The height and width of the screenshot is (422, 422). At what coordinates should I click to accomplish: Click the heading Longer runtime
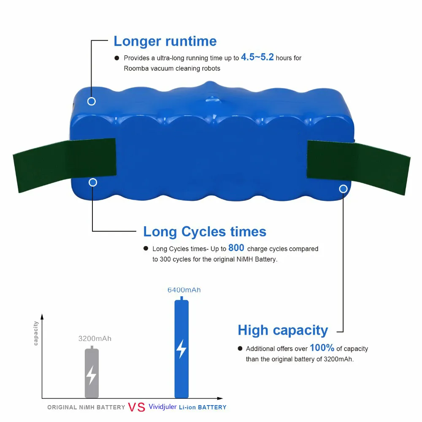click(x=165, y=41)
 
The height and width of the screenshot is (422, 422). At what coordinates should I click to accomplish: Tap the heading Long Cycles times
click(x=205, y=232)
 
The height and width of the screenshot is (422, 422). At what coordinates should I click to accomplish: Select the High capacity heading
click(x=283, y=330)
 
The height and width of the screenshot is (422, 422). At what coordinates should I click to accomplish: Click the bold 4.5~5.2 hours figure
click(x=257, y=57)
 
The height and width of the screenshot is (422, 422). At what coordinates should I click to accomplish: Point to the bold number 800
click(x=236, y=248)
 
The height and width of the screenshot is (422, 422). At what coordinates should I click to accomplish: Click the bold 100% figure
click(x=322, y=348)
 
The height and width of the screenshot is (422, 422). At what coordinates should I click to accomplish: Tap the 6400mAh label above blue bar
click(x=184, y=290)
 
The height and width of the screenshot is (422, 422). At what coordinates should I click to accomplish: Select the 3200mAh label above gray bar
click(x=95, y=338)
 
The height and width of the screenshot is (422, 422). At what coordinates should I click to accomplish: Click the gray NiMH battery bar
click(x=92, y=373)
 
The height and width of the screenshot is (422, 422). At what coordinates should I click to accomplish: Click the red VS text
click(x=136, y=407)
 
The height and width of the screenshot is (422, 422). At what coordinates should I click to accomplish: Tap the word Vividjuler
click(x=162, y=407)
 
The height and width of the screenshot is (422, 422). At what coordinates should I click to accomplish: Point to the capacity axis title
click(x=36, y=333)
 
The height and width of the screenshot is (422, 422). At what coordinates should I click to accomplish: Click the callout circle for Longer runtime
click(x=92, y=101)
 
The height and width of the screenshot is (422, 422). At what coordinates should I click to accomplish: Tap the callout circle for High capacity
click(x=343, y=189)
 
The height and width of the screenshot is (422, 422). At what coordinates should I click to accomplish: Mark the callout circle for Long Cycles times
click(x=93, y=182)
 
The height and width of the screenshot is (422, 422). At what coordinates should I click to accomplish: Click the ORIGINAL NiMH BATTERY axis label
click(x=86, y=408)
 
